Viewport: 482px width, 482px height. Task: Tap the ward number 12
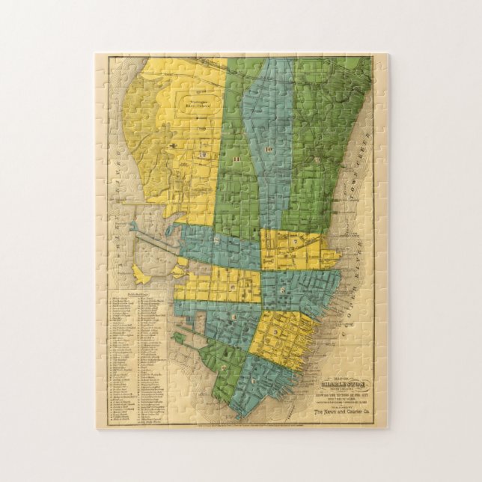click(202, 154)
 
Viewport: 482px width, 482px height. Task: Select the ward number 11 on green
click(236, 159)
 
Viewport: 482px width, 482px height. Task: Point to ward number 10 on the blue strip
click(268, 150)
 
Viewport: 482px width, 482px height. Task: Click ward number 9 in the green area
click(317, 159)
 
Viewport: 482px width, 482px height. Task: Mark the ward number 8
click(218, 240)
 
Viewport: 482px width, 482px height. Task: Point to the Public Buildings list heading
click(137, 294)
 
